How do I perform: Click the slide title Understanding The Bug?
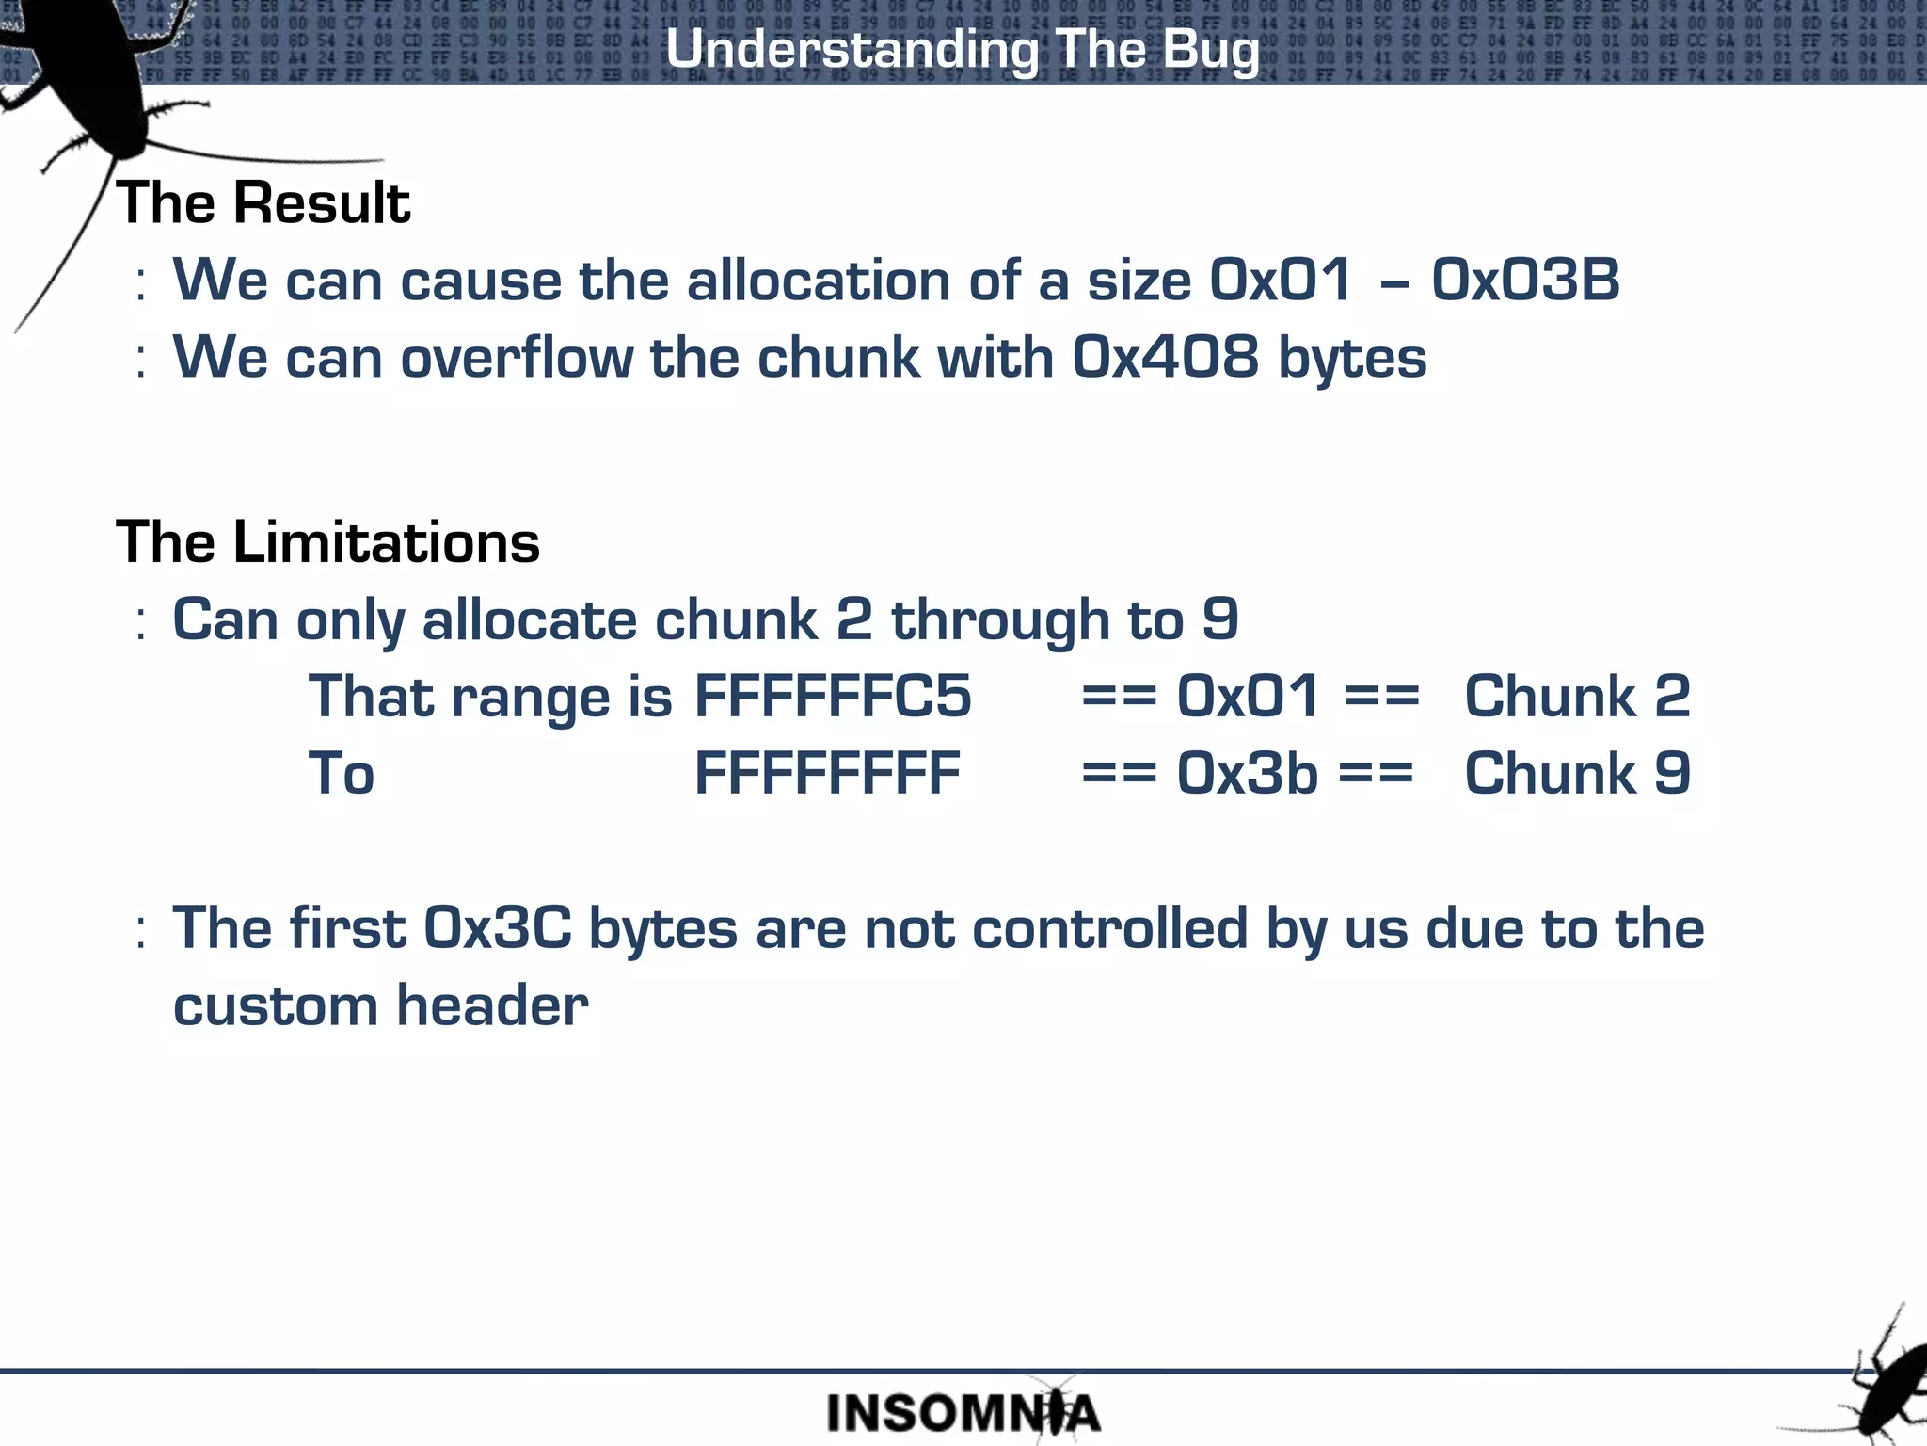tap(962, 49)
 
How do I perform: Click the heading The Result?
tap(263, 202)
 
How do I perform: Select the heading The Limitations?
tap(327, 542)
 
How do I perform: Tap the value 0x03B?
tap(1525, 280)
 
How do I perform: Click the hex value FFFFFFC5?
tap(832, 697)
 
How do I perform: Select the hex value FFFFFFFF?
tap(827, 774)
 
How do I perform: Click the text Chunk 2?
tap(1577, 697)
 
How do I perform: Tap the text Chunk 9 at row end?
tap(1577, 774)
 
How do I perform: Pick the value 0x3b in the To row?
tap(1247, 774)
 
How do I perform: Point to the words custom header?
tap(380, 1005)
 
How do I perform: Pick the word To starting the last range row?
tap(341, 774)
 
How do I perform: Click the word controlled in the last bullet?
tap(1109, 928)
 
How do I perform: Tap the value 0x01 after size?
tap(1281, 280)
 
